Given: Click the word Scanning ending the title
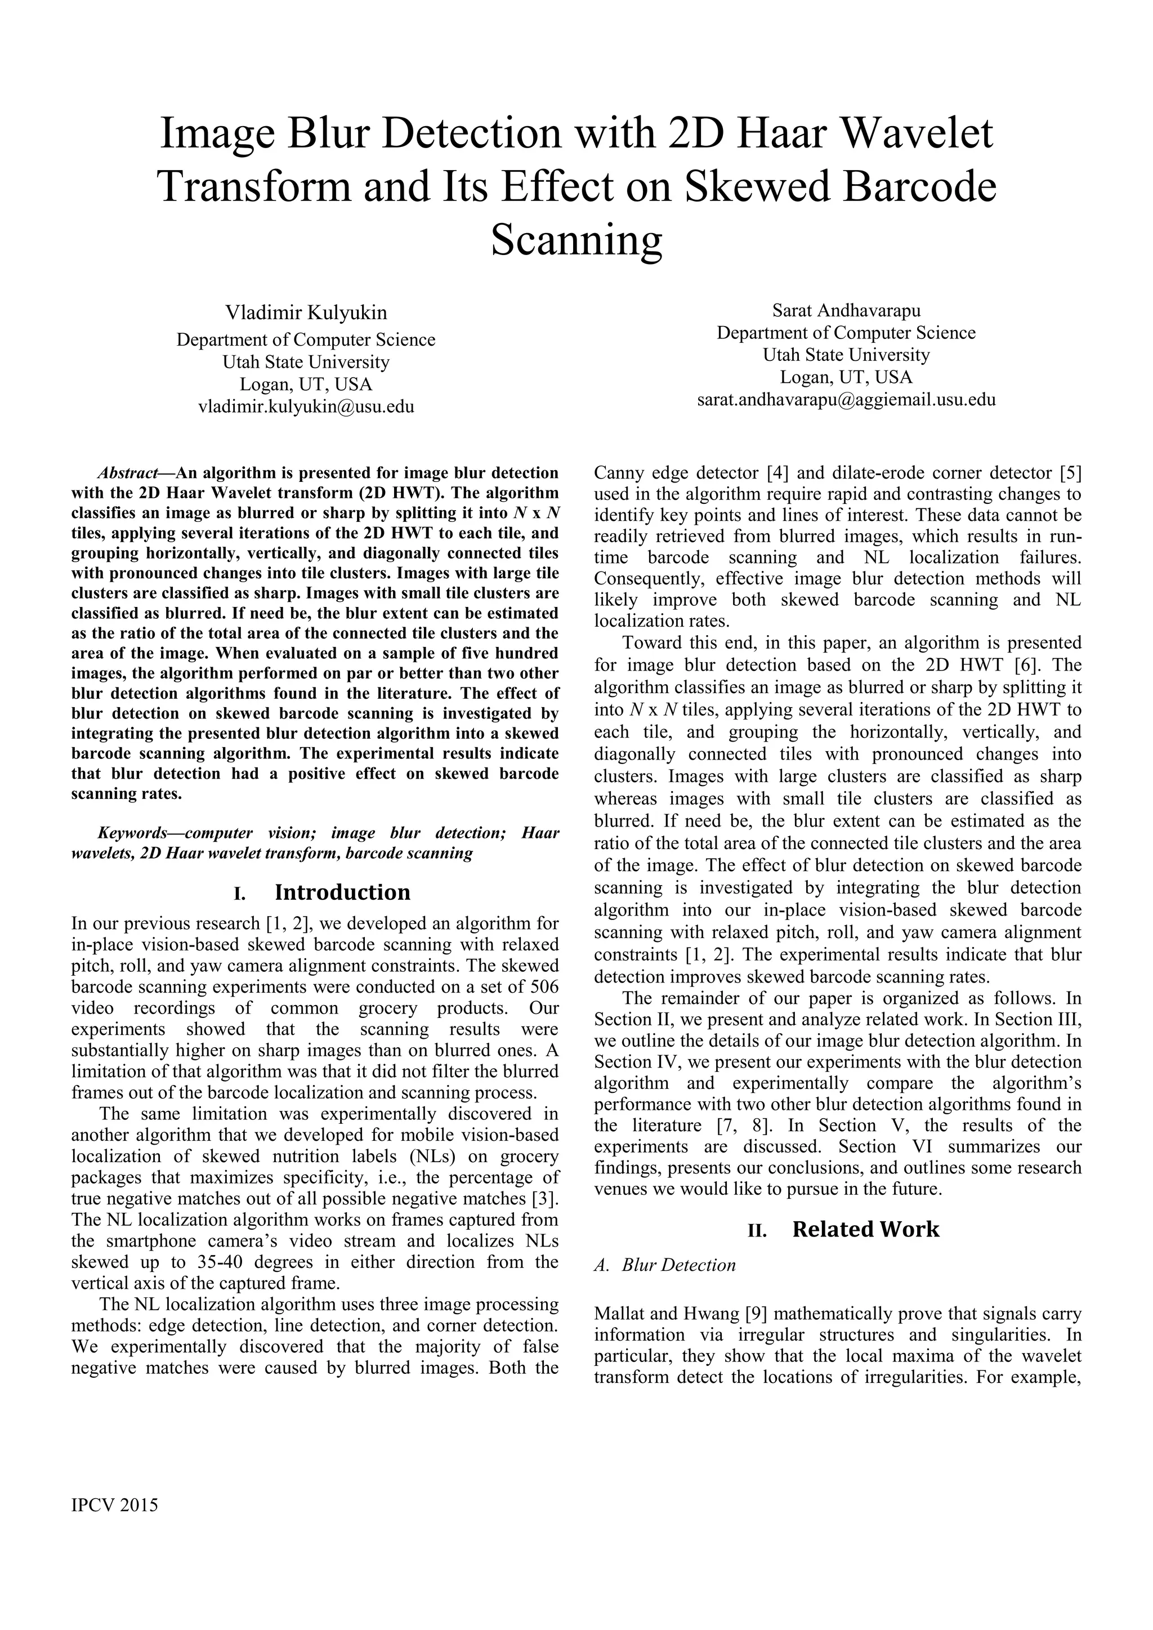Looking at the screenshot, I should coord(576,240).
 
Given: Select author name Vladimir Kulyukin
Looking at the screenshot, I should coord(306,312).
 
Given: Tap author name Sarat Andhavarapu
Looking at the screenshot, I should coord(846,310).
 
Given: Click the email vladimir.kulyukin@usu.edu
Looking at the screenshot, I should coord(306,407).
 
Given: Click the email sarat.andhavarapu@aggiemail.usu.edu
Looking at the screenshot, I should coord(846,399).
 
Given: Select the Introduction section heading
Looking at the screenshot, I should coord(342,892).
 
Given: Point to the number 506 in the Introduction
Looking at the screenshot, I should coord(544,987).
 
